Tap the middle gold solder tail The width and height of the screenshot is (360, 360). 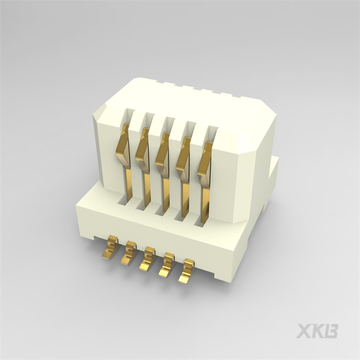pos(147,260)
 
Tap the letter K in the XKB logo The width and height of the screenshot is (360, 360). pos(318,331)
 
